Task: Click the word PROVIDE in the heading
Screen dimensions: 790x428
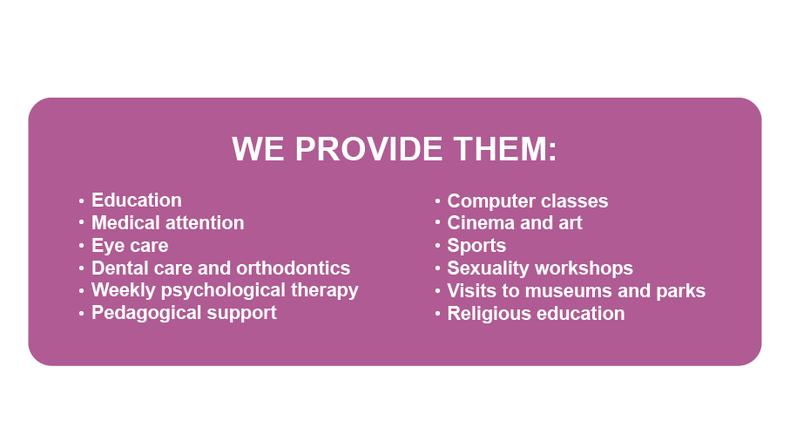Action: point(368,149)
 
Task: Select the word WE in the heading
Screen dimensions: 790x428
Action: point(258,149)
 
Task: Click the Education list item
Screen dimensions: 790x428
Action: point(137,200)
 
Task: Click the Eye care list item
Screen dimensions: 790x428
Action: point(130,246)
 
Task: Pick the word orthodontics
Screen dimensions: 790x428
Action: point(294,268)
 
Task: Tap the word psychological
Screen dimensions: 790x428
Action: point(223,290)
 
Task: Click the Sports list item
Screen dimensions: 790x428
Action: point(476,246)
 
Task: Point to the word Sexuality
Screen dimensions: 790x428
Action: point(485,268)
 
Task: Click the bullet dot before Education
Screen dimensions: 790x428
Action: point(82,201)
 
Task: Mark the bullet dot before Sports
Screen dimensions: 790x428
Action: point(438,246)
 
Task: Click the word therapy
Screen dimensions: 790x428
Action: point(325,290)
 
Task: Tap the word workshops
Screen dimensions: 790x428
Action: point(580,268)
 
